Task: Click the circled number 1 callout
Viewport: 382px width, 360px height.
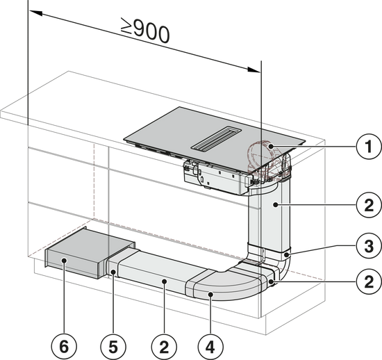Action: (x=369, y=147)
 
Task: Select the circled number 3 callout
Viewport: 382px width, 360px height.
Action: (x=369, y=246)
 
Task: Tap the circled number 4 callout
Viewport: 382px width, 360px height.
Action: (x=210, y=347)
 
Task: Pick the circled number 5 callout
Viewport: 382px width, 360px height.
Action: (x=113, y=347)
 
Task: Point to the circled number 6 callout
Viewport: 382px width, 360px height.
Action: (x=64, y=347)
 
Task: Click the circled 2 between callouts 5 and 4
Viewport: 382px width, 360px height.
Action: (x=164, y=347)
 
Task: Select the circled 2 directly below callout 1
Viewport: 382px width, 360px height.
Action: (x=369, y=205)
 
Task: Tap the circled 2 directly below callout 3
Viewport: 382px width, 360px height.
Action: (x=369, y=281)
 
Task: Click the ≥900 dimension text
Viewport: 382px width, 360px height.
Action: (x=145, y=31)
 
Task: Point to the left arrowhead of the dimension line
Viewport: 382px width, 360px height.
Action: (x=36, y=13)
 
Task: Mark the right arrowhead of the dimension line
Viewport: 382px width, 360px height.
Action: (x=254, y=69)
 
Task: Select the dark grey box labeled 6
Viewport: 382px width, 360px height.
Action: (x=90, y=253)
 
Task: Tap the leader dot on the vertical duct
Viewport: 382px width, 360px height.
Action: (x=276, y=205)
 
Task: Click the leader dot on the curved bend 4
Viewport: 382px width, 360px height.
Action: (x=210, y=295)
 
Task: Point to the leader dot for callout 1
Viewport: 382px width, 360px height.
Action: (x=270, y=147)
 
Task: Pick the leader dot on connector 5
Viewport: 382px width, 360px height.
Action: (x=113, y=272)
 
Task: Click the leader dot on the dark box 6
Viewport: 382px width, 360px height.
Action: (x=64, y=261)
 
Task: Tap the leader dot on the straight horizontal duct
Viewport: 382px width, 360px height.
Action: (x=164, y=281)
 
